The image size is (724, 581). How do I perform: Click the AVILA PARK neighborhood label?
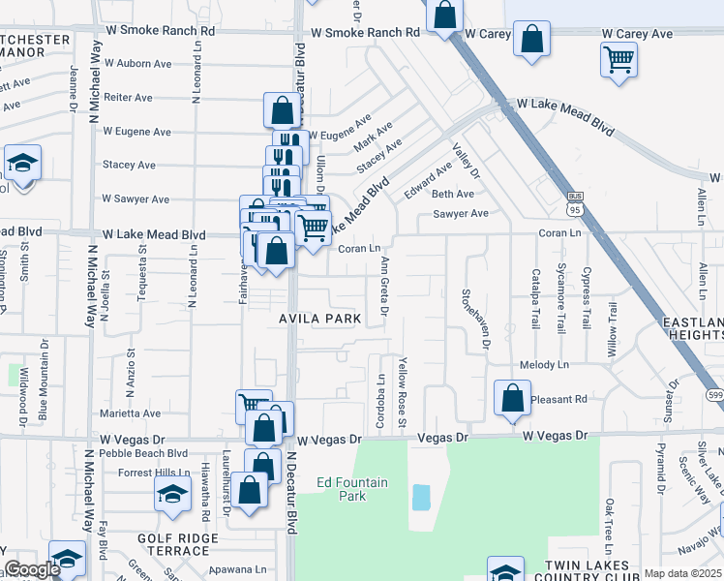pyautogui.click(x=320, y=319)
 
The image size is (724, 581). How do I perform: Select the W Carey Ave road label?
pyautogui.click(x=636, y=34)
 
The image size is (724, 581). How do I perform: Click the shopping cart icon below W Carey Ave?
pyautogui.click(x=618, y=60)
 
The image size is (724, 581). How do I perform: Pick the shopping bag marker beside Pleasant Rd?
pyautogui.click(x=512, y=398)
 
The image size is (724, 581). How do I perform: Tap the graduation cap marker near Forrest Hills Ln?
pyautogui.click(x=172, y=495)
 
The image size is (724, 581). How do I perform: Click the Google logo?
pyautogui.click(x=32, y=569)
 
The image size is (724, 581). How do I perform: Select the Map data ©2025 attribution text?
pyautogui.click(x=682, y=573)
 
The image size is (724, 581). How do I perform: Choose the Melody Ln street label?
pyautogui.click(x=544, y=365)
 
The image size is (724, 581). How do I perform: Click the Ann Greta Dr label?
pyautogui.click(x=384, y=286)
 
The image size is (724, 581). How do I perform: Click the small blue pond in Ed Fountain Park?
pyautogui.click(x=421, y=498)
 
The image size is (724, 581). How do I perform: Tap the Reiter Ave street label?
pyautogui.click(x=129, y=98)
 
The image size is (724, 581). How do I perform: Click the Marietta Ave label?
pyautogui.click(x=131, y=413)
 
